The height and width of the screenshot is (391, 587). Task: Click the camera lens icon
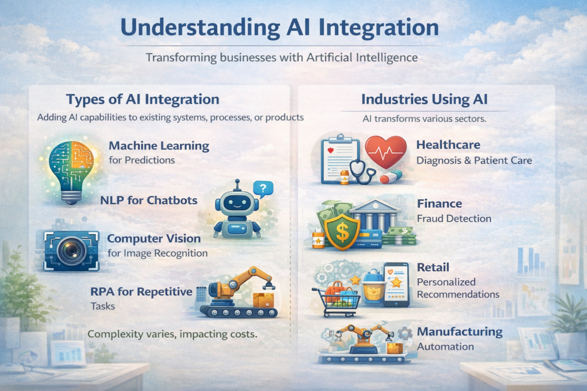click(72, 250)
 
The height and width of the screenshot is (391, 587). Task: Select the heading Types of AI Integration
click(143, 99)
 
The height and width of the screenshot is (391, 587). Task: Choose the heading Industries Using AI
click(424, 99)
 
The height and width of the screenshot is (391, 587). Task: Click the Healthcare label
click(448, 145)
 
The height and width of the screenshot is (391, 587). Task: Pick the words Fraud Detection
click(454, 219)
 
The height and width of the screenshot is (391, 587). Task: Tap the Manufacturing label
click(459, 331)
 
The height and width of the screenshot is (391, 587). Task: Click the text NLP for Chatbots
click(148, 200)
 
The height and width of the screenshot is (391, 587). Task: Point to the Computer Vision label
click(154, 238)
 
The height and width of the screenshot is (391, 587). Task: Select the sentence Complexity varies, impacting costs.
click(172, 333)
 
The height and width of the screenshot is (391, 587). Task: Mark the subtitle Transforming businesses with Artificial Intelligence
click(281, 58)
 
